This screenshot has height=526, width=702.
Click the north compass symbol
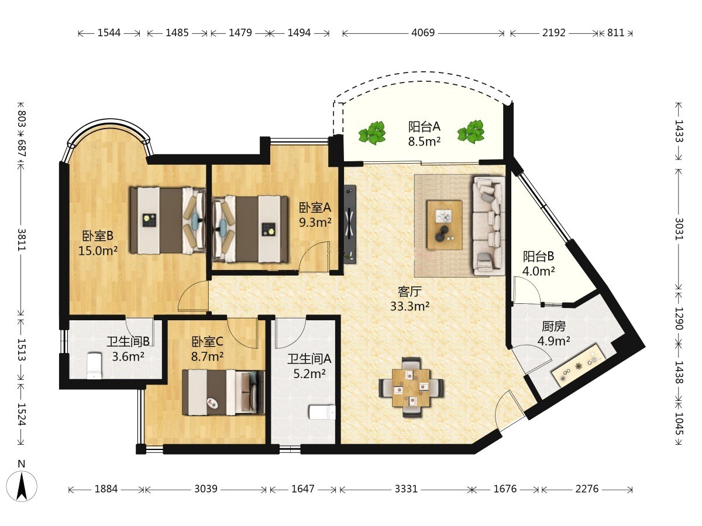tap(22, 485)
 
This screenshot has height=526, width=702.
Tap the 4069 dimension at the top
tap(423, 33)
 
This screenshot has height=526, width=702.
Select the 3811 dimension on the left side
tap(22, 240)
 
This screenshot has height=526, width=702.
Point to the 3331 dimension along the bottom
tap(406, 489)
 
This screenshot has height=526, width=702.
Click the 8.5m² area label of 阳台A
tap(424, 141)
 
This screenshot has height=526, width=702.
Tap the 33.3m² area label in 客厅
tap(409, 306)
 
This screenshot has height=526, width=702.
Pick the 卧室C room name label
tap(207, 342)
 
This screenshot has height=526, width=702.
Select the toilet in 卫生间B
tap(94, 366)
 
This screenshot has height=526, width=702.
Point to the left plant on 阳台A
tap(372, 133)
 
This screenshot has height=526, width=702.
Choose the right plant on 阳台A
tap(471, 132)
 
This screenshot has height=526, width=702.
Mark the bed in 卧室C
tap(223, 393)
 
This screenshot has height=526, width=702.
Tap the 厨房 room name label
tap(553, 326)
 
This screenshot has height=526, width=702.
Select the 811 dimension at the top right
tap(615, 33)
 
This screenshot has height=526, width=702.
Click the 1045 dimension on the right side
tap(679, 424)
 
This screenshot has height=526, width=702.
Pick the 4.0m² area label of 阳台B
tap(539, 271)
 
